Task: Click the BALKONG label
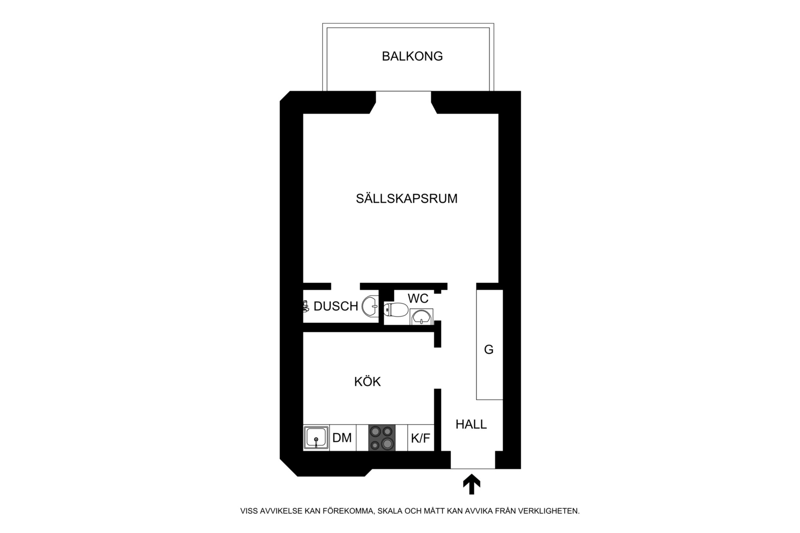[412, 57]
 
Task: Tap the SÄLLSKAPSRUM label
[406, 199]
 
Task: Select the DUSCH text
[336, 307]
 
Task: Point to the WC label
[418, 299]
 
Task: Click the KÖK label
[367, 382]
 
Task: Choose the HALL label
[471, 424]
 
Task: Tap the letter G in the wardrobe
[489, 350]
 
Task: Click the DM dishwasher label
[342, 438]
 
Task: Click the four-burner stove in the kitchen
[382, 438]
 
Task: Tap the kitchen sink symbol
[316, 438]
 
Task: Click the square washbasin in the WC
[421, 317]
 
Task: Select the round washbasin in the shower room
[370, 307]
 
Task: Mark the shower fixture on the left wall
[306, 306]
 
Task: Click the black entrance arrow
[471, 484]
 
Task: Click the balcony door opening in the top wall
[403, 102]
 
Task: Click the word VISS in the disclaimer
[249, 511]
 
